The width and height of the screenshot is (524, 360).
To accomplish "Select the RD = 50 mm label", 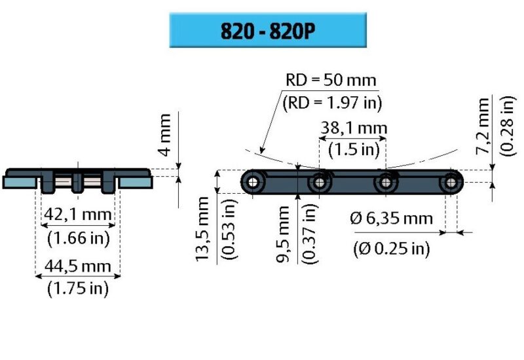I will [x=331, y=81].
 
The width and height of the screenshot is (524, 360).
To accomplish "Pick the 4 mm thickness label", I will [x=164, y=134].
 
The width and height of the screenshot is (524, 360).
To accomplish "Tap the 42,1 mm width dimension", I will [x=77, y=214].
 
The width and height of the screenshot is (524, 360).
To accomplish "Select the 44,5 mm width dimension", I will [x=77, y=266].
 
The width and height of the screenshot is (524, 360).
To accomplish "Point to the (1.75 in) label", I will [x=77, y=288].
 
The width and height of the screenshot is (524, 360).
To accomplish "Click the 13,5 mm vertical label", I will [x=204, y=232].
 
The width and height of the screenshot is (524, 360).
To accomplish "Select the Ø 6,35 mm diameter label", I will [x=391, y=219].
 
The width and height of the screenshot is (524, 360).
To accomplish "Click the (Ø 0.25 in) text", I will [x=391, y=248].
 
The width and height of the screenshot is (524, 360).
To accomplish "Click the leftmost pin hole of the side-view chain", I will [x=253, y=181].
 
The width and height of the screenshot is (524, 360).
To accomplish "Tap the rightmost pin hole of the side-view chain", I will [x=451, y=181].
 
